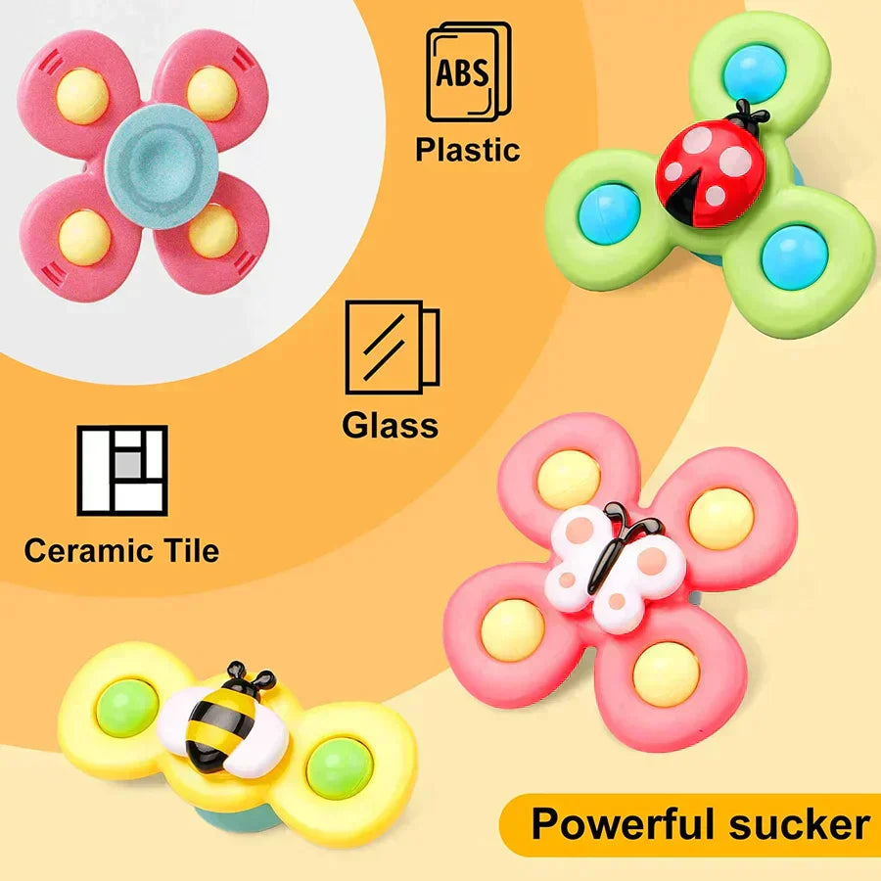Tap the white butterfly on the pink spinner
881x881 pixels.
pyautogui.click(x=616, y=565)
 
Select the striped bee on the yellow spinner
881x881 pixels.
pyautogui.click(x=222, y=719)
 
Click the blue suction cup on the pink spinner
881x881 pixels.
pyautogui.click(x=162, y=166)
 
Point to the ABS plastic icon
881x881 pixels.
pyautogui.click(x=469, y=71)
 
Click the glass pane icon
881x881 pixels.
pyautogui.click(x=393, y=347)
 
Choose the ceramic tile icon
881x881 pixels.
pyautogui.click(x=122, y=470)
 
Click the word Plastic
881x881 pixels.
pyautogui.click(x=468, y=150)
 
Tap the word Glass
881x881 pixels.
pyautogui.click(x=391, y=425)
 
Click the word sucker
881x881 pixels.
pyautogui.click(x=800, y=824)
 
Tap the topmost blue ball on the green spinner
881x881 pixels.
pyautogui.click(x=754, y=73)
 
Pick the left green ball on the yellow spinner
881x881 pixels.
pyautogui.click(x=127, y=708)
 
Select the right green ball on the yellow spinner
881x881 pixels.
pyautogui.click(x=340, y=768)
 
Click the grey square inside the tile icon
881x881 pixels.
pyautogui.click(x=128, y=465)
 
